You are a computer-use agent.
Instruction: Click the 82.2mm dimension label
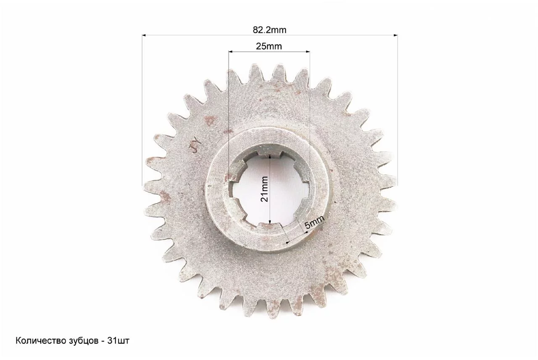point(269,30)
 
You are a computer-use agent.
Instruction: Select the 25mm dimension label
point(269,46)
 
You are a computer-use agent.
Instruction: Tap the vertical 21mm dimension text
point(264,189)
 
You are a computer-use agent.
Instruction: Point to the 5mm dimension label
point(314,222)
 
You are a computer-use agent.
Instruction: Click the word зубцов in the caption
point(83,341)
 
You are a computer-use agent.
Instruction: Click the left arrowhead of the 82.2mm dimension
point(144,35)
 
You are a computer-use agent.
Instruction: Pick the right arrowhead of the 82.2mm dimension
point(396,35)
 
